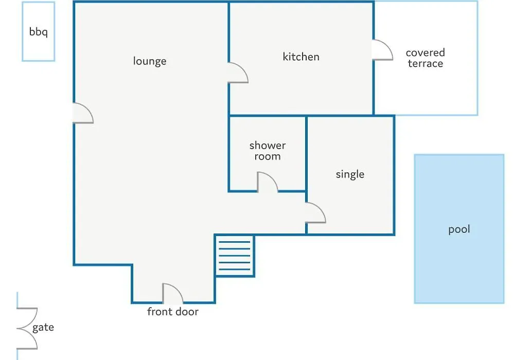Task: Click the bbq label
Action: tap(38, 32)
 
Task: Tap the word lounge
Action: tap(150, 61)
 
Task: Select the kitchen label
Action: tap(301, 57)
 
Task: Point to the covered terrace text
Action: tap(426, 58)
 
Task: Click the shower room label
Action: tap(268, 151)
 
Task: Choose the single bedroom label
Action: tap(350, 174)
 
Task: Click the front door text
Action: tap(173, 312)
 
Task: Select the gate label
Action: tap(43, 328)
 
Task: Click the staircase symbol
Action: tap(234, 256)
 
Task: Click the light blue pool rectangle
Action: tap(459, 229)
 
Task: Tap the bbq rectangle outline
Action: tap(22, 31)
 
